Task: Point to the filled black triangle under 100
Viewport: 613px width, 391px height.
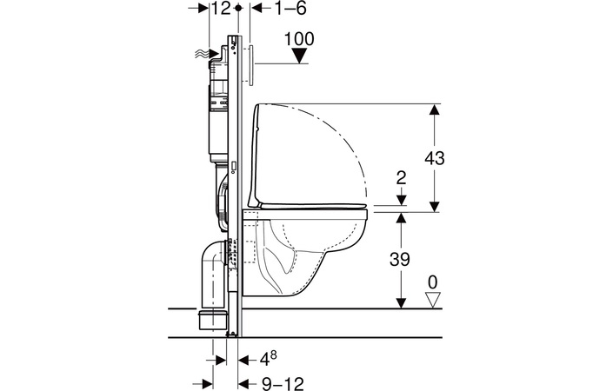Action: coord(300,56)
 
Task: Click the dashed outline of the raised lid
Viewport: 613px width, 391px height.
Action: coord(348,139)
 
